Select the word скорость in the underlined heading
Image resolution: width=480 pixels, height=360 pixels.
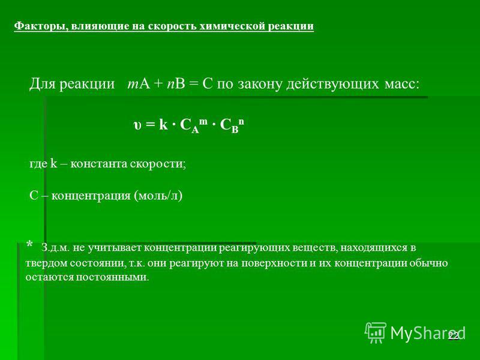pos(172,26)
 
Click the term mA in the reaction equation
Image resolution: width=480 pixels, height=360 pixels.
pos(139,83)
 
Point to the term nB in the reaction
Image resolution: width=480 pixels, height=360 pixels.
pos(176,83)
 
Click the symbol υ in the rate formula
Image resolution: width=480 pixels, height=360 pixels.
pos(137,125)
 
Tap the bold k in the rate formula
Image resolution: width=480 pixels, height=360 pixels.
pos(163,124)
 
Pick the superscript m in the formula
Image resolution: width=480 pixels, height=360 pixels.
pos(203,121)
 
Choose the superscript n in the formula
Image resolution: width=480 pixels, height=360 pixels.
pos(241,121)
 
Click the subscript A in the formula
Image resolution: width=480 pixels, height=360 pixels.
pos(195,130)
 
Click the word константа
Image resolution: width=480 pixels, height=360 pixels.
pos(98,164)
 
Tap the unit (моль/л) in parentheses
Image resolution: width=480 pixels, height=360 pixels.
pos(158,196)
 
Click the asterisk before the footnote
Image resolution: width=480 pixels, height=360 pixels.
pos(29,245)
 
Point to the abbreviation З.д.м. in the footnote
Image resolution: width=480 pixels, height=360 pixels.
pos(55,248)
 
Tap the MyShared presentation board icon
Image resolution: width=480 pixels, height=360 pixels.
pos(376,332)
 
